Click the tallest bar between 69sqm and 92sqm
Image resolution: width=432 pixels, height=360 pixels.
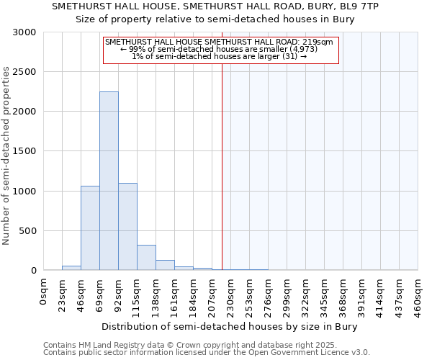(109, 181)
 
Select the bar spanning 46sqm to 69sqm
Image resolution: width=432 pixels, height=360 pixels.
(90, 228)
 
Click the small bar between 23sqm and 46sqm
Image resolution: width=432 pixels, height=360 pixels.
(71, 268)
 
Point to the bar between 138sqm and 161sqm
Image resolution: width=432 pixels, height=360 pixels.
(165, 265)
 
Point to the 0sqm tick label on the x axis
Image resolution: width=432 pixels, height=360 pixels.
(44, 291)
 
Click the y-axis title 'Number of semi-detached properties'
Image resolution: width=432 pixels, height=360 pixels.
(6, 156)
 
